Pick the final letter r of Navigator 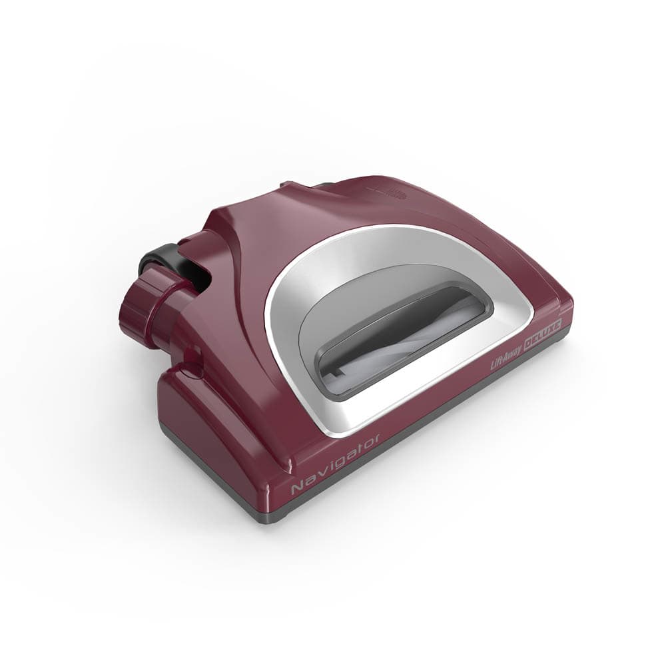tap(377, 439)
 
